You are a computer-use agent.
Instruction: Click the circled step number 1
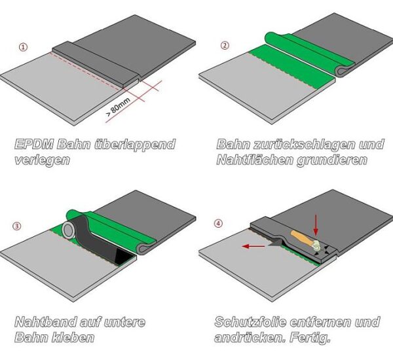pyautogui.click(x=24, y=47)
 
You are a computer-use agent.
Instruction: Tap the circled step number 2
pyautogui.click(x=225, y=45)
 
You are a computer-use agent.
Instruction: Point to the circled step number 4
pyautogui.click(x=219, y=223)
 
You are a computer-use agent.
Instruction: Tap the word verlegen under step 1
pyautogui.click(x=43, y=160)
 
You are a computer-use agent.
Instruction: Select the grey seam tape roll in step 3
pyautogui.click(x=69, y=231)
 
